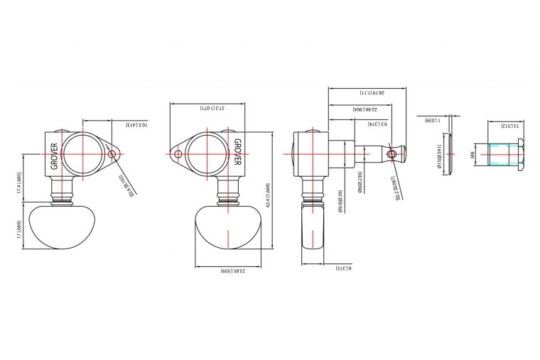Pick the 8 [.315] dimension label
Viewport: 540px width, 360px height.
342,269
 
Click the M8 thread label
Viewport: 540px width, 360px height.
472,155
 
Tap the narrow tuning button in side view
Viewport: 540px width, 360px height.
314,229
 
